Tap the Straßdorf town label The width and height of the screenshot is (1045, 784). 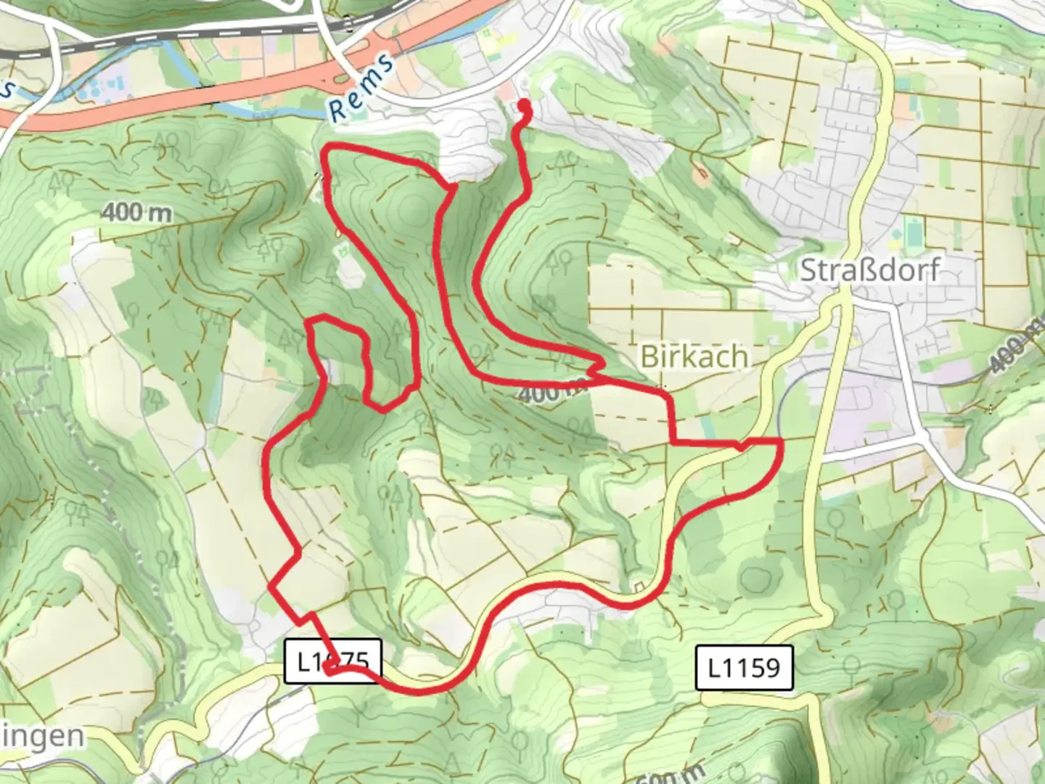coord(869,270)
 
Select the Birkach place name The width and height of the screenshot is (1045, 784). coord(694,356)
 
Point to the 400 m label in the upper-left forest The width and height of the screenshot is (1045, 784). coord(136,213)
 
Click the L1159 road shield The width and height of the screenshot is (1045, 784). coord(744,667)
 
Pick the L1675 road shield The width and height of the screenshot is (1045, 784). coord(332,661)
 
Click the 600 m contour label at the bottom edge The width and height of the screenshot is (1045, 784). coord(671,775)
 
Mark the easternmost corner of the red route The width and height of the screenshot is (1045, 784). coord(781,441)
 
